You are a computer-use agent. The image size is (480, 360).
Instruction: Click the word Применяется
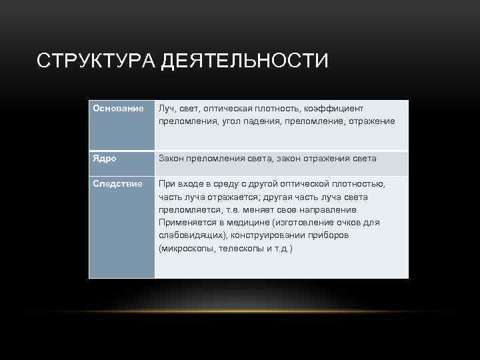pyautogui.click(x=185, y=222)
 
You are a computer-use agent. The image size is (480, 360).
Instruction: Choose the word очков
pyautogui.click(x=345, y=222)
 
